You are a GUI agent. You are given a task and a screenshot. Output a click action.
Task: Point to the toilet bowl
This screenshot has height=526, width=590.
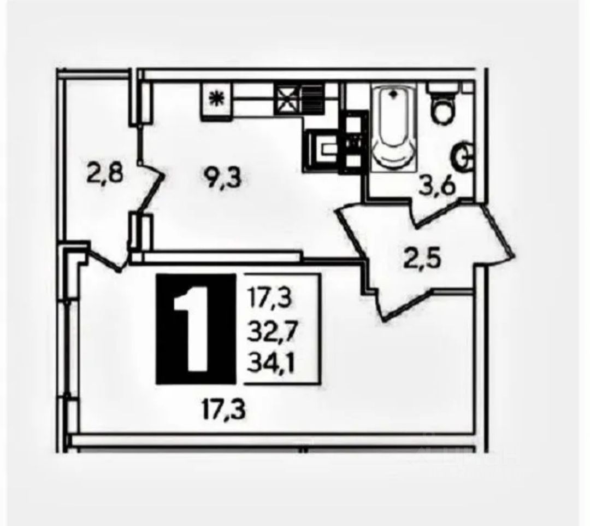(x=443, y=111)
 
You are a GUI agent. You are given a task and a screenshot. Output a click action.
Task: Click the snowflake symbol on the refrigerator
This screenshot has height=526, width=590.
(x=216, y=99)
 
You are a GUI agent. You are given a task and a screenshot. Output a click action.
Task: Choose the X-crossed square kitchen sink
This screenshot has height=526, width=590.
(x=288, y=99)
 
